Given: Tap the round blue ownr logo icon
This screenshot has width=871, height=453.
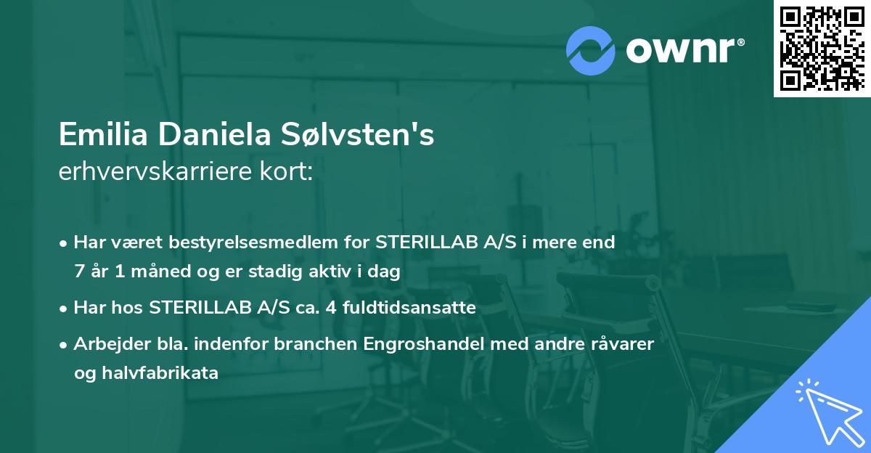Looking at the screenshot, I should (591, 51).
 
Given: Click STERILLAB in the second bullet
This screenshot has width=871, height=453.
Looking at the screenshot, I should (195, 308).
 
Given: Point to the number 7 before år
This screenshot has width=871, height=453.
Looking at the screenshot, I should (78, 272).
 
